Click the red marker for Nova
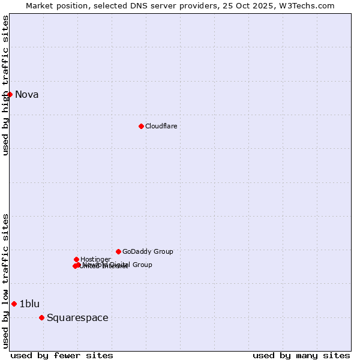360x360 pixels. pyautogui.click(x=10, y=94)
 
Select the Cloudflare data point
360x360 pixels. pyautogui.click(x=141, y=126)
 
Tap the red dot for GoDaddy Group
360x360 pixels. pyautogui.click(x=118, y=251)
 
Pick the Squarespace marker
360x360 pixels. pyautogui.click(x=41, y=317)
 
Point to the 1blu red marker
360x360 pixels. pyautogui.click(x=14, y=304)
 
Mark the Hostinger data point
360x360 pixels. pyautogui.click(x=76, y=259)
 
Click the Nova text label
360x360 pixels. pyautogui.click(x=27, y=94)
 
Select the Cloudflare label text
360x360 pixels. pyautogui.click(x=161, y=126)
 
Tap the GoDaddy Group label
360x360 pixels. pyautogui.click(x=148, y=251)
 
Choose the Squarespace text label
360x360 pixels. pyautogui.click(x=77, y=317)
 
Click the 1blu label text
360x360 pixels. pyautogui.click(x=29, y=304)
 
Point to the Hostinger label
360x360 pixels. pyautogui.click(x=95, y=259)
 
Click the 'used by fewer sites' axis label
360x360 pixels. pyautogui.click(x=62, y=355)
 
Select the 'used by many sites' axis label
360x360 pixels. pyautogui.click(x=301, y=355)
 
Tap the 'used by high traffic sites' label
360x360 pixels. pyautogui.click(x=5, y=85)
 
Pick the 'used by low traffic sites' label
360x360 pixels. pyautogui.click(x=5, y=281)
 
